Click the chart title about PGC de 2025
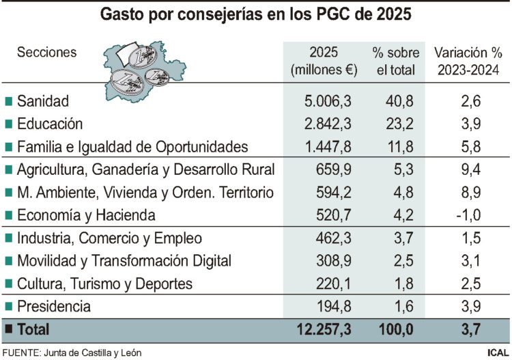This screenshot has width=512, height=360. click(256, 14)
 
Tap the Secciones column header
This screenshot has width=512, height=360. click(46, 53)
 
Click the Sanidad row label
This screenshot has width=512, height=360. click(43, 102)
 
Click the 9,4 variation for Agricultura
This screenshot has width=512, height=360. click(468, 169)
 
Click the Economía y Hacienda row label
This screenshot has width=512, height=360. click(86, 215)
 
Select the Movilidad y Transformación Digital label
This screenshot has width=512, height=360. click(124, 261)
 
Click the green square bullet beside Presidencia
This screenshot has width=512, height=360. click(8, 307)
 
